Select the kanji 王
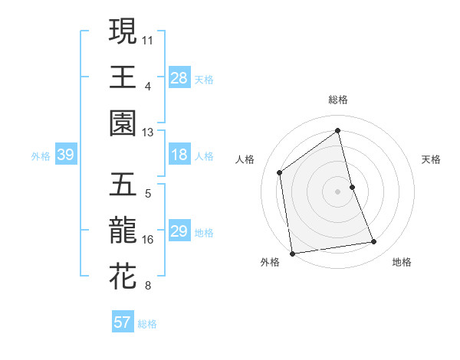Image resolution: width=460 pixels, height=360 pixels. [123, 77]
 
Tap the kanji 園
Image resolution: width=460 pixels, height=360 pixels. [123, 123]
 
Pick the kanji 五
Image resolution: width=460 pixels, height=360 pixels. [123, 185]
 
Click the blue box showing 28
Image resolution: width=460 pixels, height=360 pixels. [179, 77]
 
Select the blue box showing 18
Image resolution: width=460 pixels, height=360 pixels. [179, 155]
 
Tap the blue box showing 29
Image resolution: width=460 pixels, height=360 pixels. [179, 231]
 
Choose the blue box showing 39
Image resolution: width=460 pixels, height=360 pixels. [65, 155]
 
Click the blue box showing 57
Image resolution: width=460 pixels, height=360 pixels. [122, 322]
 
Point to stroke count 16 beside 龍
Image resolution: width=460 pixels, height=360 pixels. [148, 240]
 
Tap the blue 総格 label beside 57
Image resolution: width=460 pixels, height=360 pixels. [147, 324]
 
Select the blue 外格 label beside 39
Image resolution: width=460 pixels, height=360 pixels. [41, 156]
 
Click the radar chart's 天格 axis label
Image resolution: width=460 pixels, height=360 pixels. [432, 159]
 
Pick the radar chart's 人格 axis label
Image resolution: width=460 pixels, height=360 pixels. [245, 159]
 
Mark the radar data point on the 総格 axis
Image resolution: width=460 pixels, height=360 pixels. [338, 131]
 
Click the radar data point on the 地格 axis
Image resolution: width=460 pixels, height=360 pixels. [374, 242]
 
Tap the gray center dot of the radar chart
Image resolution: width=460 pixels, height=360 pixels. [338, 191]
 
